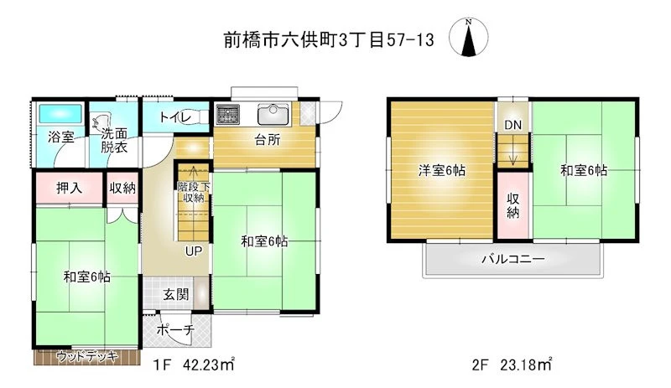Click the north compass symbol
[469, 37]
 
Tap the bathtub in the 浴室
[60, 114]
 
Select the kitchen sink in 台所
[273, 114]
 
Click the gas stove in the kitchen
[227, 114]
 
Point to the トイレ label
[175, 116]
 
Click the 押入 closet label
[69, 188]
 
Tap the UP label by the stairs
[194, 251]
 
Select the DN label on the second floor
[512, 125]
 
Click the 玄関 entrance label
[175, 294]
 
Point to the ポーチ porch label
[175, 330]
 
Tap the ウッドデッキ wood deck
[87, 357]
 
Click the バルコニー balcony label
[512, 259]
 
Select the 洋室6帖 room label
[442, 171]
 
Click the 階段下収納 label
[194, 192]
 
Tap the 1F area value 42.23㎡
[208, 365]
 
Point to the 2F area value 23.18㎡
[526, 365]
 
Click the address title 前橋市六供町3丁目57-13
[329, 40]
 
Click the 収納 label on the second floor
[513, 205]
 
